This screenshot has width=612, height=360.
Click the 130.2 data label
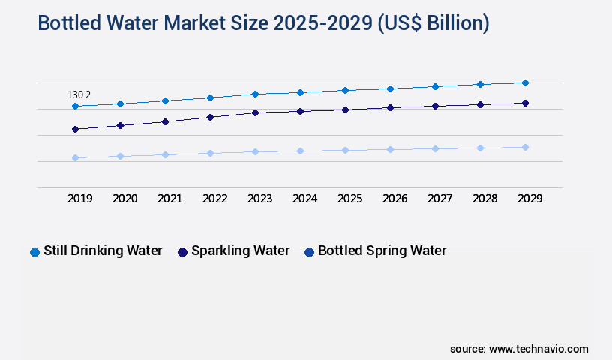coord(79,95)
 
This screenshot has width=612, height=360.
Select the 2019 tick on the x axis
coord(79,199)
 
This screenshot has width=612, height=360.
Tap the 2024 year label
coord(304,199)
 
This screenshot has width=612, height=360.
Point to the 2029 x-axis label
coord(529,199)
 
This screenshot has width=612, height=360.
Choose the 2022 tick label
coord(214,199)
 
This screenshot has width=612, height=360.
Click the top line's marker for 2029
coord(525,82)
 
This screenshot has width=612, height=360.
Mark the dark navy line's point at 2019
coord(75,129)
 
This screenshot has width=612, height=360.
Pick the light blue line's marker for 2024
coord(300,151)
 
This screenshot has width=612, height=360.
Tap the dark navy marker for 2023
coord(255,112)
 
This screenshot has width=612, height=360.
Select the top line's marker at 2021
coord(165,100)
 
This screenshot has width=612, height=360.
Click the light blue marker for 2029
coord(525,147)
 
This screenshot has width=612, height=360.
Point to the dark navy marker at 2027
coord(435,106)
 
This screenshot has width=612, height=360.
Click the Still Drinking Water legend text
coord(103,250)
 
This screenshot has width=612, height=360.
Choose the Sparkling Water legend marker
coord(182,252)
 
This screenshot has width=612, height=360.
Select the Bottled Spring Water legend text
coord(382,250)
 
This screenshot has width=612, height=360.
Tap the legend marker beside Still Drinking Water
coord(34,252)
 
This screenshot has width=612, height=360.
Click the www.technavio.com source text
coord(538,349)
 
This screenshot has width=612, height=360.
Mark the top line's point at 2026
coord(390,88)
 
